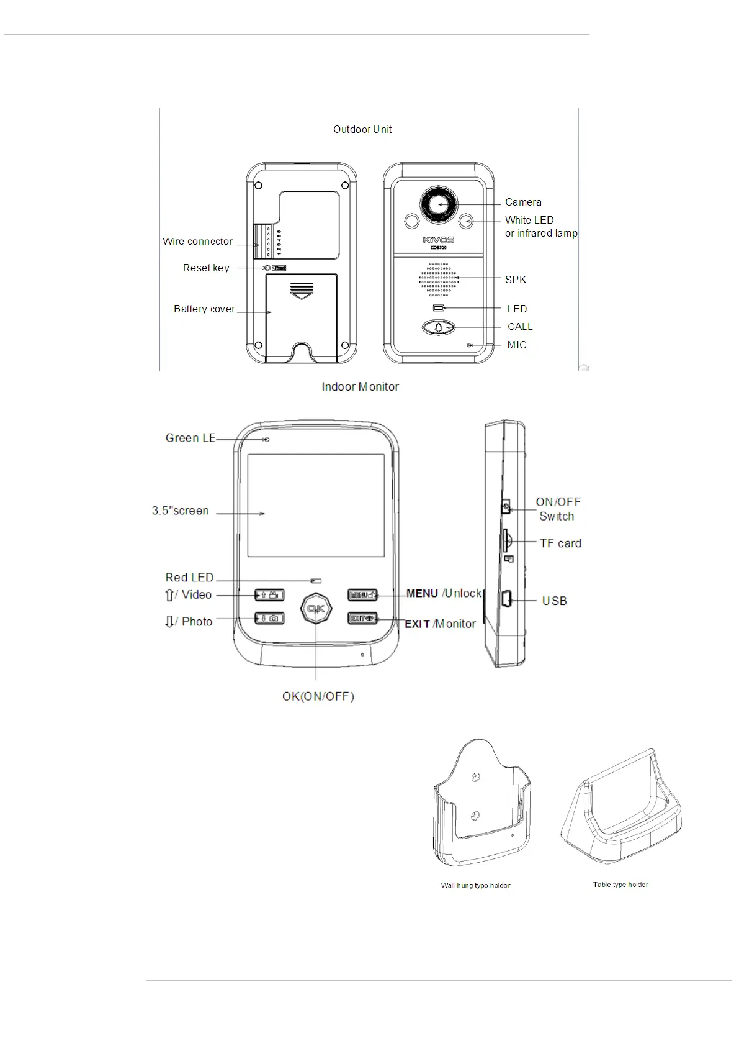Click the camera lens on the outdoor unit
point(439,204)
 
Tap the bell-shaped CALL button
point(439,327)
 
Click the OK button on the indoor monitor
point(316,609)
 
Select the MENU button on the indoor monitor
point(362,594)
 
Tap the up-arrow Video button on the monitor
point(269,595)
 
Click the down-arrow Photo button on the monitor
point(269,618)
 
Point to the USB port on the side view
point(506,600)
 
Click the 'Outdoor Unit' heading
point(362,129)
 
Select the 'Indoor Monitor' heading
point(360,386)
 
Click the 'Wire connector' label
point(197,241)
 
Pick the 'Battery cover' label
point(204,309)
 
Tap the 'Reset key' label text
point(206,268)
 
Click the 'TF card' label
point(560,543)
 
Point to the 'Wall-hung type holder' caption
point(475,885)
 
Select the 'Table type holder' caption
point(620,885)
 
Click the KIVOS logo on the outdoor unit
point(439,240)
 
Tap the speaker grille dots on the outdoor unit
point(439,279)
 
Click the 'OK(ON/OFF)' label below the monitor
point(318,696)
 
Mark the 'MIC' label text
point(517,345)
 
